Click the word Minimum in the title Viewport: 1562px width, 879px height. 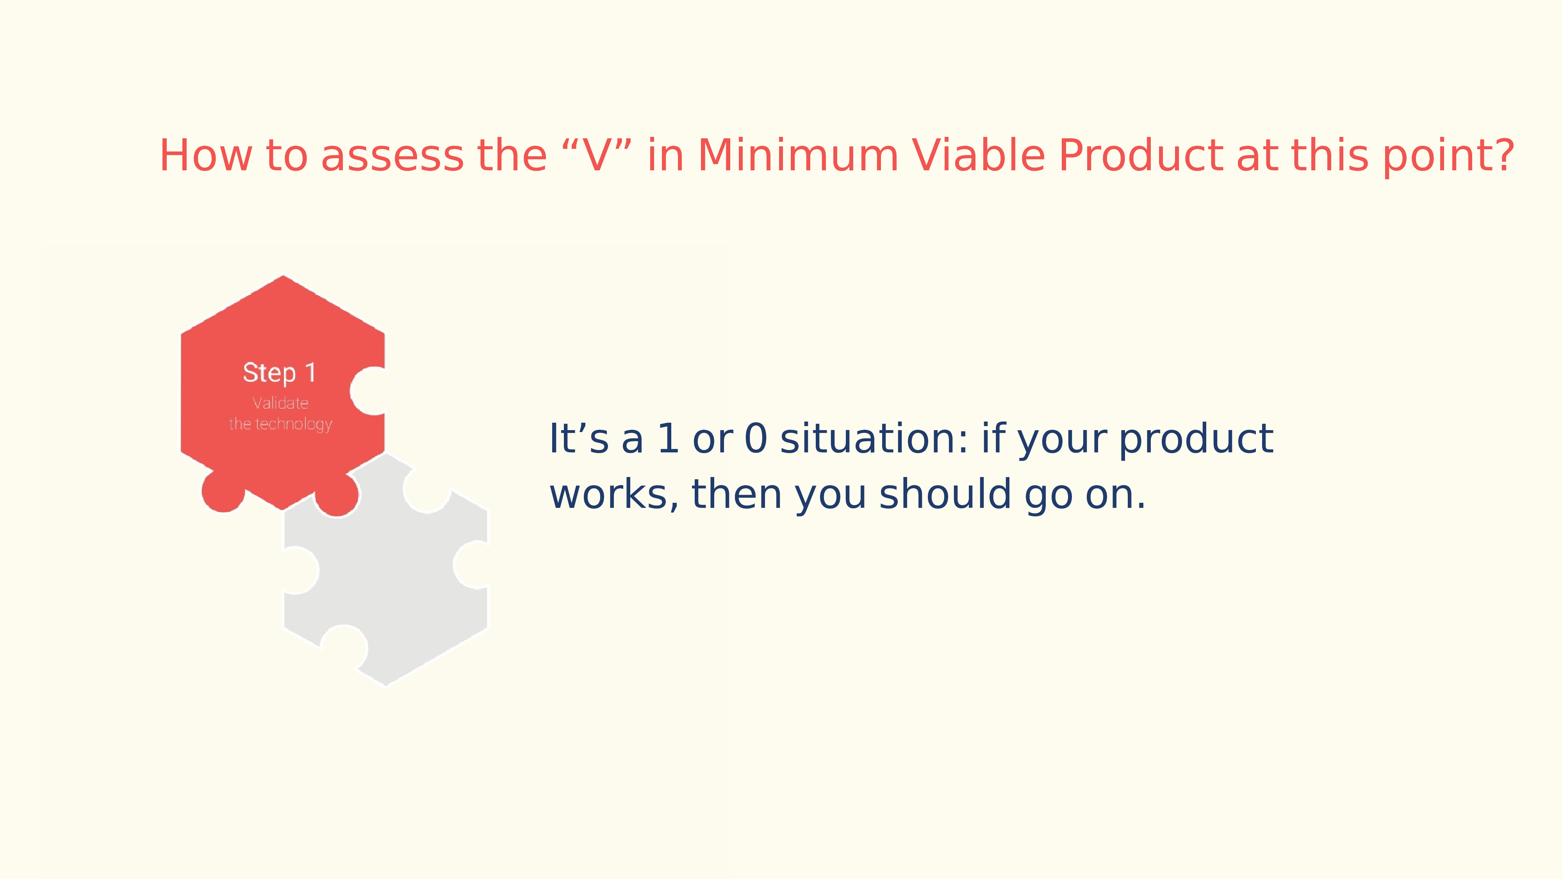[798, 155]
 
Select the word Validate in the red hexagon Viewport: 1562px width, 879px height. [280, 403]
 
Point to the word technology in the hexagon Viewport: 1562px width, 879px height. [294, 424]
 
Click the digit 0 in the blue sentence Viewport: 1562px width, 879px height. [756, 439]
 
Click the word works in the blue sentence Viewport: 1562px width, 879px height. [613, 495]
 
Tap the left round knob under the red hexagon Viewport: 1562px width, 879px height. [223, 491]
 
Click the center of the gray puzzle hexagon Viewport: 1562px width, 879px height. [386, 570]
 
